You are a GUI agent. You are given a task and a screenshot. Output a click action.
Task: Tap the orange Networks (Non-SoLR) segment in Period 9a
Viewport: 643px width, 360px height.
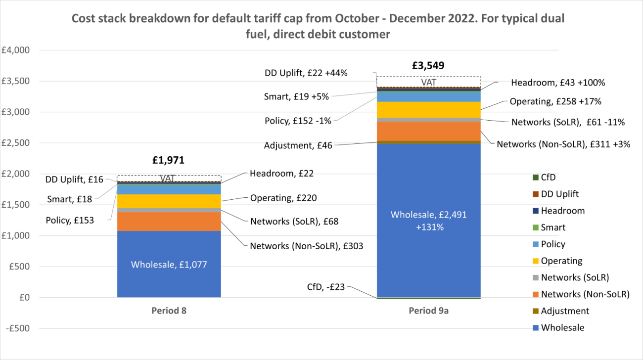point(428,131)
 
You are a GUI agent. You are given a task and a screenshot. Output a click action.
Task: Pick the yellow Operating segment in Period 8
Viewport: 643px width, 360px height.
point(169,201)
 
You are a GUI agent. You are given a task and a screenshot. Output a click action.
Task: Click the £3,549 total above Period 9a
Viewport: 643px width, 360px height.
point(428,65)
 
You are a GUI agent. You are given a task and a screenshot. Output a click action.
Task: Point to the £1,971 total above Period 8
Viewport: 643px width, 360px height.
point(169,160)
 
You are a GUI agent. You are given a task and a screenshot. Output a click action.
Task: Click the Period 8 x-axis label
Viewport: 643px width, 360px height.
point(169,311)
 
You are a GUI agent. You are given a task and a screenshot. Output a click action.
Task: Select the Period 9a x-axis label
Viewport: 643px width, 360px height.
point(428,311)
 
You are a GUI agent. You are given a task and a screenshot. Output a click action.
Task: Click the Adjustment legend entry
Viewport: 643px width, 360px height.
point(564,311)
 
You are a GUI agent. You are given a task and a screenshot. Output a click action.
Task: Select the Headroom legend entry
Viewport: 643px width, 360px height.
point(562,211)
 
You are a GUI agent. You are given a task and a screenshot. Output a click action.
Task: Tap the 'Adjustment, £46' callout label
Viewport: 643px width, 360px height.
point(299,145)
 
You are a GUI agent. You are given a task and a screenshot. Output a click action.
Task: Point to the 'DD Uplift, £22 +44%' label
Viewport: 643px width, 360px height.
point(306,73)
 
